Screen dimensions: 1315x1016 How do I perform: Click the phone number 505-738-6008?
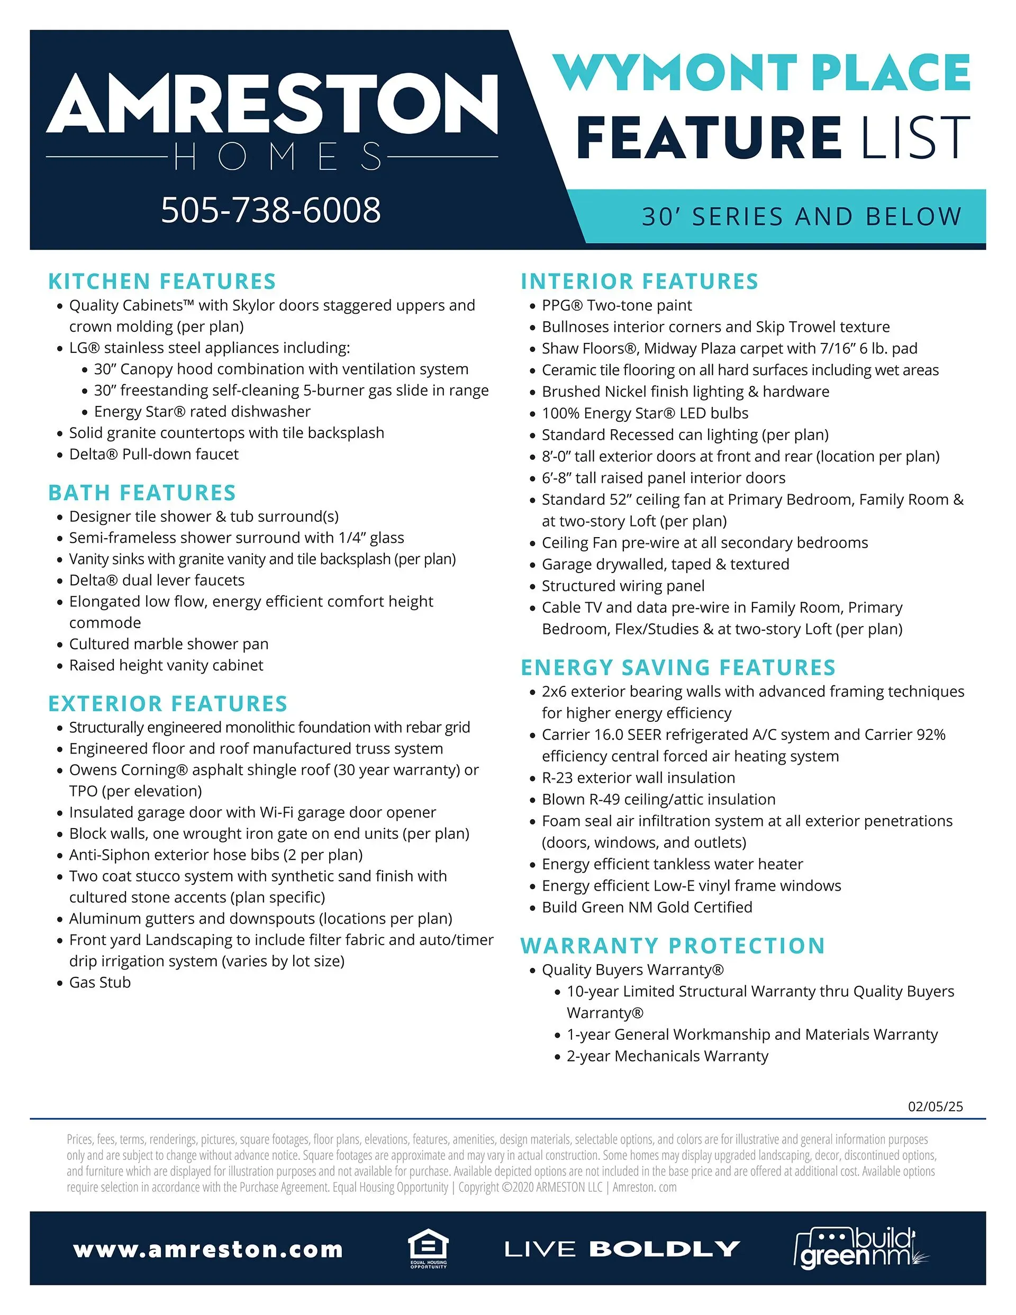[270, 210]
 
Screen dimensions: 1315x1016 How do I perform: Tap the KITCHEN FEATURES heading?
[162, 281]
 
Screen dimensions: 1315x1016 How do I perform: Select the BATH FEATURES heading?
[142, 493]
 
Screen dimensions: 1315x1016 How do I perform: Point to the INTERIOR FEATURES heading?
[640, 281]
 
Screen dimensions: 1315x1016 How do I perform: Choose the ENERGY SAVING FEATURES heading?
[678, 667]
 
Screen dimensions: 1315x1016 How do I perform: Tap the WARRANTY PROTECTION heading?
[673, 945]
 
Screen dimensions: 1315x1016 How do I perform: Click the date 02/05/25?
[935, 1106]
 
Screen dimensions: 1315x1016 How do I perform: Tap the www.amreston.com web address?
[208, 1249]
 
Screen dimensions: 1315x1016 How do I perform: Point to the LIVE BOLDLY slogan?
[622, 1249]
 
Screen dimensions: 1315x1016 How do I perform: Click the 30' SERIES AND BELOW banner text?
[801, 217]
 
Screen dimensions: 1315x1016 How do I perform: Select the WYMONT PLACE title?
[762, 72]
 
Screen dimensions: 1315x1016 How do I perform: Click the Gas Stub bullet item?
[100, 982]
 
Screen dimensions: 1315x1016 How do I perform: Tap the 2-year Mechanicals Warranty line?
[667, 1056]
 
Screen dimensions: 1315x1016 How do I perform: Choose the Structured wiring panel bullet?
[623, 585]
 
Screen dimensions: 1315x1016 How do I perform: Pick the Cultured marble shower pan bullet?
[169, 643]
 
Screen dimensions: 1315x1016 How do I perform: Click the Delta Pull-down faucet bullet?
[153, 454]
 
